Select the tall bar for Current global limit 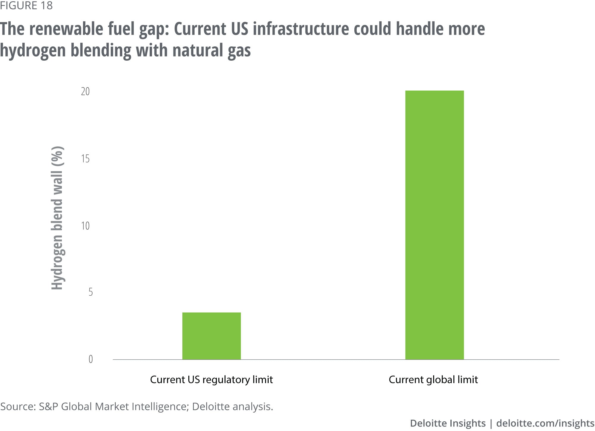pos(434,225)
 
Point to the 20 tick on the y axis pos(85,91)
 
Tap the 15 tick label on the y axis pos(85,159)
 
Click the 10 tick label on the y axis pos(85,226)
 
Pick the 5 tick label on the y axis pos(90,292)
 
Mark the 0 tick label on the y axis pos(90,359)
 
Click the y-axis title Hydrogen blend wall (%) pos(57,218)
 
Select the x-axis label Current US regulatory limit pos(211,380)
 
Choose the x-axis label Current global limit pos(433,380)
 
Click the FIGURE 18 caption pos(26,5)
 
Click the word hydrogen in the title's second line pos(33,51)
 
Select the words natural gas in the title pos(212,51)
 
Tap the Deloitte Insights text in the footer pos(448,423)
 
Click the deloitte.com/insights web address pos(545,423)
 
